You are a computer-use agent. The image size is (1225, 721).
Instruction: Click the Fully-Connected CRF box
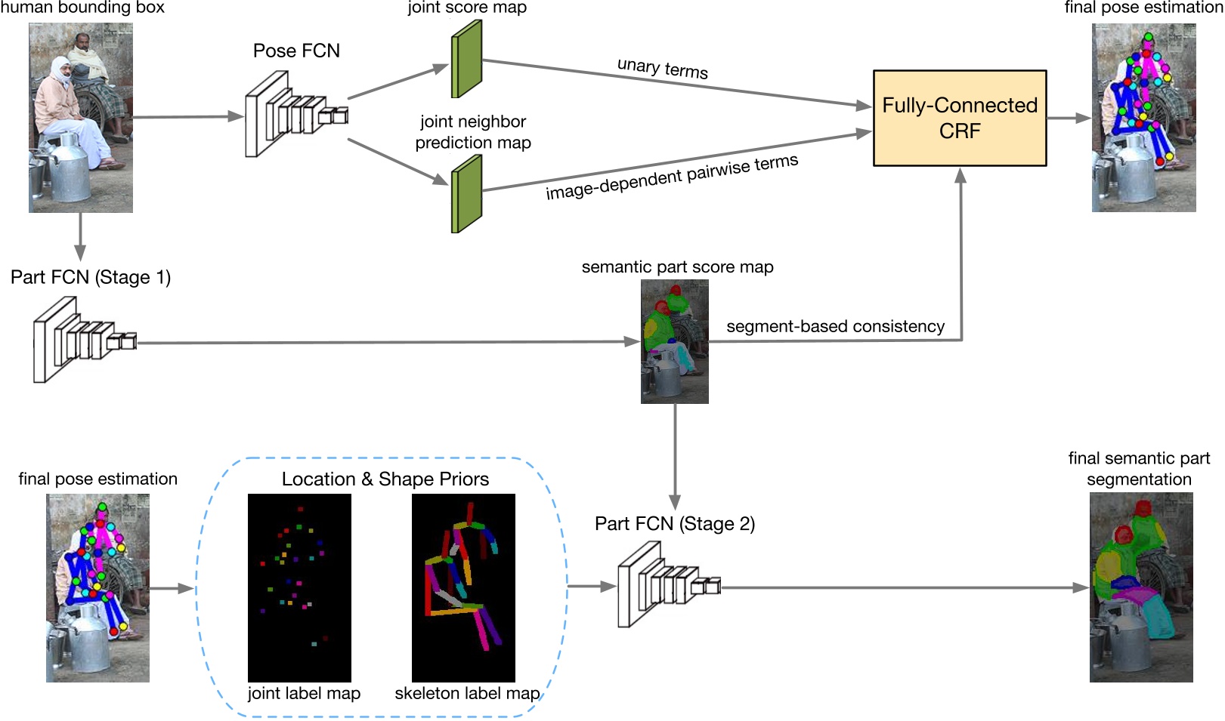(x=959, y=118)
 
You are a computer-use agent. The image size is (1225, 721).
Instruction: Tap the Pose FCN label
(x=296, y=51)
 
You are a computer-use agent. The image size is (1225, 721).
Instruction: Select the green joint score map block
(x=466, y=59)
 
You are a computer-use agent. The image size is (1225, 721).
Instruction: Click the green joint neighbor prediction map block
(x=466, y=194)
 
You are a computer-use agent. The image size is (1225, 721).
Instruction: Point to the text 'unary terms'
(x=662, y=68)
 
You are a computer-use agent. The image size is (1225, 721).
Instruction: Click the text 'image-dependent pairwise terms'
(x=671, y=177)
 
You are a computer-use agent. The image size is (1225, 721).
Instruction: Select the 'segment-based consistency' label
(x=835, y=326)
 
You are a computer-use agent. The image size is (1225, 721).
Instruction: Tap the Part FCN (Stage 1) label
(x=91, y=277)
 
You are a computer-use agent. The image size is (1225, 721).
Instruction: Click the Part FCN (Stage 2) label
(x=674, y=524)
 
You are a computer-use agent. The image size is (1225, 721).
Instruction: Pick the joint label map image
(x=299, y=587)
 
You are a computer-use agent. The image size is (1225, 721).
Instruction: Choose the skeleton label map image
(x=463, y=587)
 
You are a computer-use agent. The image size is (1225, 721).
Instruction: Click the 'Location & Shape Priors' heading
(x=385, y=479)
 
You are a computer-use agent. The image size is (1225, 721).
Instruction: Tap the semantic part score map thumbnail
(x=674, y=341)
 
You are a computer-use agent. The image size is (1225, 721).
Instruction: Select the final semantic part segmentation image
(x=1140, y=587)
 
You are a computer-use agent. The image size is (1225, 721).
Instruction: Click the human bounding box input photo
(x=81, y=117)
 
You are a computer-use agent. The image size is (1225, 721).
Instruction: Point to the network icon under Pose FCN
(x=295, y=115)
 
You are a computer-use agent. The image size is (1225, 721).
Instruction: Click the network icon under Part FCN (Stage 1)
(x=83, y=340)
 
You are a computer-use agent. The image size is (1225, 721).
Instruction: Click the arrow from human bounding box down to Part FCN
(x=80, y=237)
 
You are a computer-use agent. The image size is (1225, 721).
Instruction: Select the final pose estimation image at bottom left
(x=97, y=587)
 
